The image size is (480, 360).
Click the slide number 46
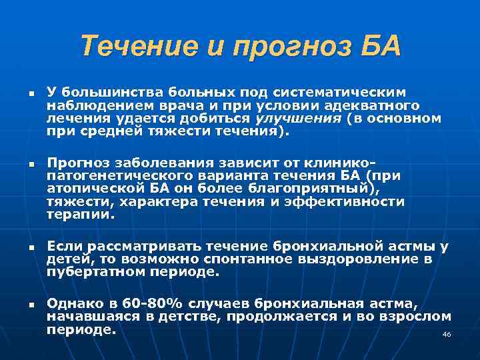point(447,334)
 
